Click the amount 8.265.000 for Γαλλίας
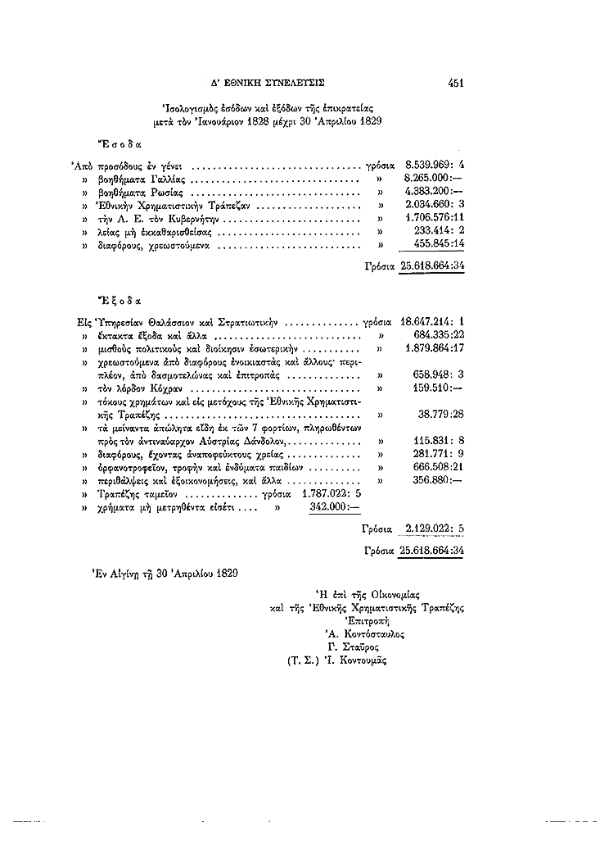click(435, 178)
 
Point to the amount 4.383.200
click(435, 191)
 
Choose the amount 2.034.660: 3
click(435, 205)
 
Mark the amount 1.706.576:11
click(435, 219)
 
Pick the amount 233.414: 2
click(440, 232)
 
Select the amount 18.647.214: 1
click(432, 322)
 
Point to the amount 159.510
click(440, 388)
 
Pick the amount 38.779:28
click(442, 414)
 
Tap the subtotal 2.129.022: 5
click(435, 530)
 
